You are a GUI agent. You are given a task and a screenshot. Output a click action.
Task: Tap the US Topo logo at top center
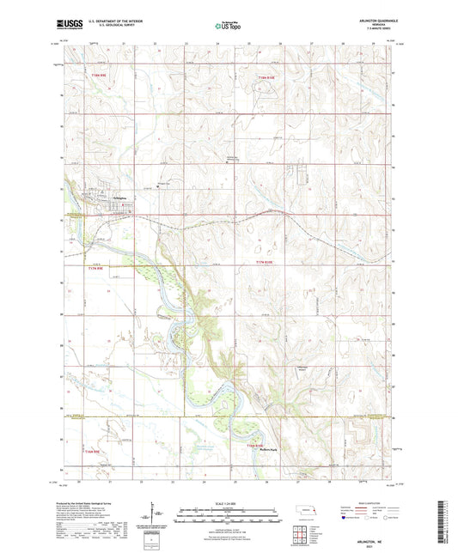pyautogui.click(x=228, y=27)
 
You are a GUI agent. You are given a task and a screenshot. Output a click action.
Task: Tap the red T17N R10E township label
pyautogui.click(x=268, y=262)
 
